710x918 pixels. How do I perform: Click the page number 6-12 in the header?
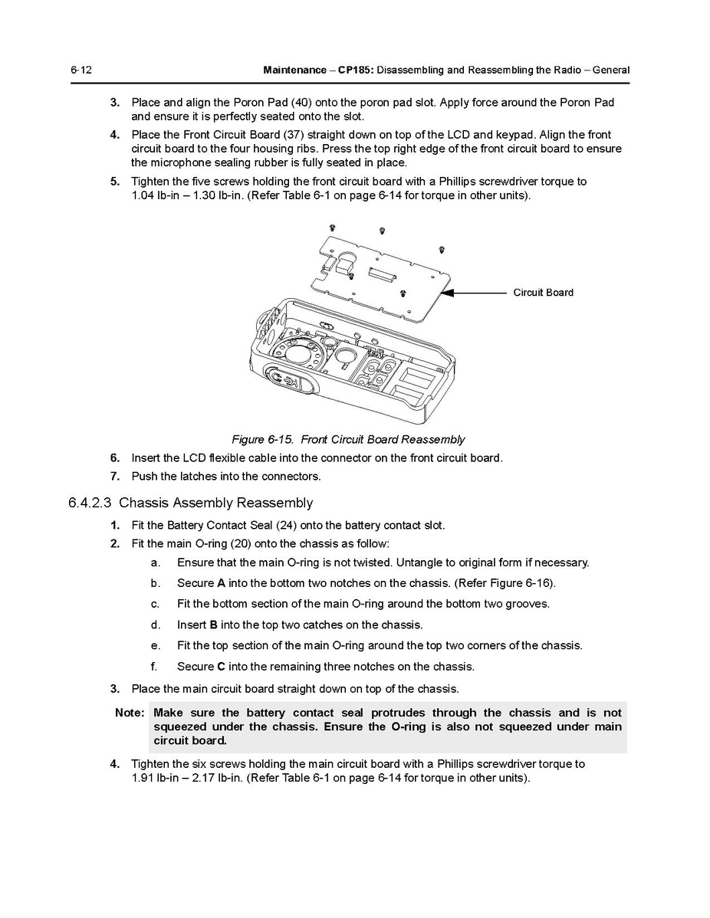[x=81, y=70]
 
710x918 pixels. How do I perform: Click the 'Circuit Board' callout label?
[x=543, y=293]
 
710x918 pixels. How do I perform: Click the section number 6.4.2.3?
[x=90, y=503]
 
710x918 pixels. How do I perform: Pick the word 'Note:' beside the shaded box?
[x=130, y=713]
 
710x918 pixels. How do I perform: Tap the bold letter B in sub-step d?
[x=213, y=625]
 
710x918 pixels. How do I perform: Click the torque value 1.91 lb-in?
[x=159, y=779]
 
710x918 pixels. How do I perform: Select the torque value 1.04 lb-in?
[x=160, y=195]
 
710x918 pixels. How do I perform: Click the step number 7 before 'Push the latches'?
[x=115, y=476]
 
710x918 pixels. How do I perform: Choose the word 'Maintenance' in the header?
[x=294, y=70]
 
